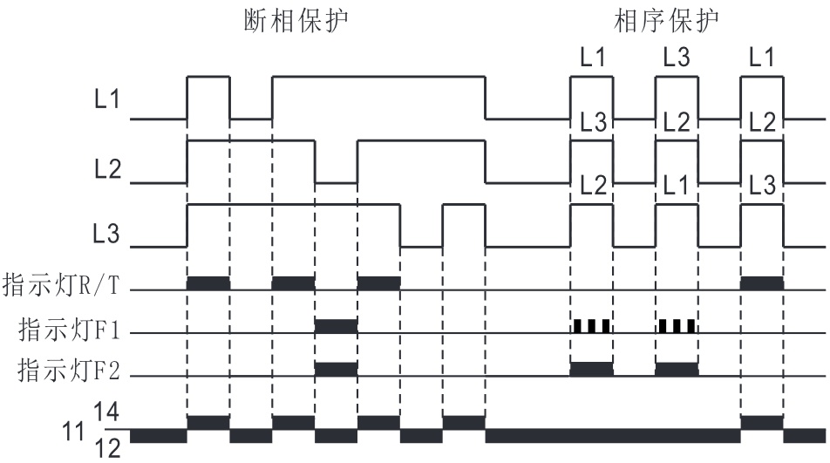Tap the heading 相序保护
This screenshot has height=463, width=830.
(668, 21)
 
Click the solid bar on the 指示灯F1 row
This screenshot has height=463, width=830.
(336, 327)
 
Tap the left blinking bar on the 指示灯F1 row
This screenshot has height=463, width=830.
(591, 327)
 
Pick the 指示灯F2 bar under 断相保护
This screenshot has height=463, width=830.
(336, 369)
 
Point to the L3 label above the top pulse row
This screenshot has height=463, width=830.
(676, 59)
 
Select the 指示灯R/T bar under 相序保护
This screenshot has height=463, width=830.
(761, 283)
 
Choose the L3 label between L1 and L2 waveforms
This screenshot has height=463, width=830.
(591, 123)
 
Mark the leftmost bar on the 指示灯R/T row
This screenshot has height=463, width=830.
(208, 283)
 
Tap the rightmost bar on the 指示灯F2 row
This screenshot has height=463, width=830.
(677, 369)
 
